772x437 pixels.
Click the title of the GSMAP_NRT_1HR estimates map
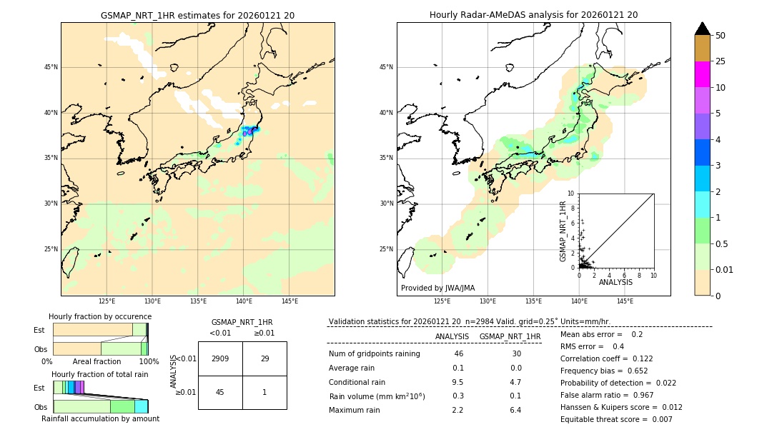click(x=197, y=15)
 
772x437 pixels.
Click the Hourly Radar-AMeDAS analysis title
click(x=533, y=15)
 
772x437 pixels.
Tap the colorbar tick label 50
click(x=721, y=36)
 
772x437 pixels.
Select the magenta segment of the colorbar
click(x=702, y=74)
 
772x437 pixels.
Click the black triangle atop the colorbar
click(x=702, y=29)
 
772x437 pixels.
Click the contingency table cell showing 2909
click(x=220, y=358)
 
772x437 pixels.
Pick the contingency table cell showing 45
click(x=220, y=392)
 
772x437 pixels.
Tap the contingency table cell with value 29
click(x=264, y=358)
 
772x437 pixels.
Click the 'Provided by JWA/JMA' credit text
click(x=437, y=288)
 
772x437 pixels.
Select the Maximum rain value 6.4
click(x=515, y=410)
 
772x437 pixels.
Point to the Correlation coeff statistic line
click(x=606, y=358)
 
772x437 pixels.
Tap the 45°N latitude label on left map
click(x=51, y=67)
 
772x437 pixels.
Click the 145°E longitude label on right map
click(x=625, y=301)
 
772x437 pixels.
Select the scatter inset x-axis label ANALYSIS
click(x=615, y=282)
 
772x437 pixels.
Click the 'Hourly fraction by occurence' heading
click(x=100, y=316)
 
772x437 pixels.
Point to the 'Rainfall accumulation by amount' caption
click(x=100, y=418)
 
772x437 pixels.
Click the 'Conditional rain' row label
click(x=358, y=382)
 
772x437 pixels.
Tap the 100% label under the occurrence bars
click(x=149, y=361)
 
